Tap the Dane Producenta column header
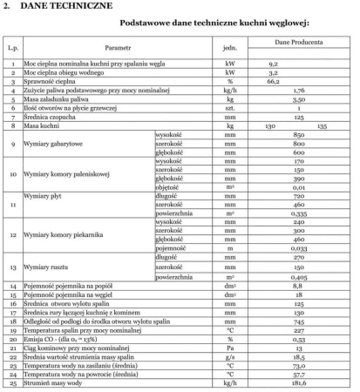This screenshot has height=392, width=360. pos(299,42)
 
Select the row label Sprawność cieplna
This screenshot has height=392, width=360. pos(53,81)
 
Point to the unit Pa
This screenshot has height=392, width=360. pos(231,347)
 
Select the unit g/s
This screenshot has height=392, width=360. pos(231,355)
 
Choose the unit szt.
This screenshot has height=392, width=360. pos(231,108)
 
